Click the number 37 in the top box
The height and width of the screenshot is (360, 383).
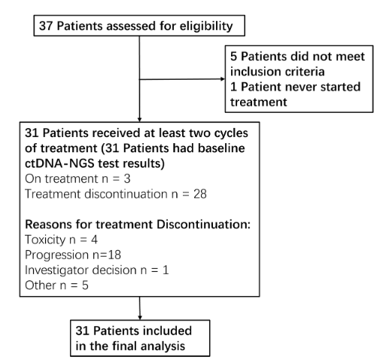pos(46,26)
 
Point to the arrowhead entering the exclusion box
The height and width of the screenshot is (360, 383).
pos(223,79)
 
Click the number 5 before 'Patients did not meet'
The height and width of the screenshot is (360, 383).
pos(233,56)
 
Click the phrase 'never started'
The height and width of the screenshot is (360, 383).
pos(315,87)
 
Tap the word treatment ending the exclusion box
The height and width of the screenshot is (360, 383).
pos(259,102)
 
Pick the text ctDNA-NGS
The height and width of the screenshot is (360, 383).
pos(59,163)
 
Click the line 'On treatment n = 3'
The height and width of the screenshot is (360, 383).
pos(78,178)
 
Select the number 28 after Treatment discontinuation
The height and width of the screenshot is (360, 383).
pos(200,194)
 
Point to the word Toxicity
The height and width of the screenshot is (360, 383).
pos(45,239)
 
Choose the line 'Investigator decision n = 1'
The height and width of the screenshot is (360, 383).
pos(97,270)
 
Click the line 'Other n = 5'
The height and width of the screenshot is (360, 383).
pos(56,285)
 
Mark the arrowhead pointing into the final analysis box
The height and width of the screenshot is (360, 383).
pos(140,318)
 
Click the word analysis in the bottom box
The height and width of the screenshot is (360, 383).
pos(163,346)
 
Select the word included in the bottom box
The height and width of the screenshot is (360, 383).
pos(167,331)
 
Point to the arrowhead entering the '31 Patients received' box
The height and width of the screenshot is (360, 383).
pos(139,120)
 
